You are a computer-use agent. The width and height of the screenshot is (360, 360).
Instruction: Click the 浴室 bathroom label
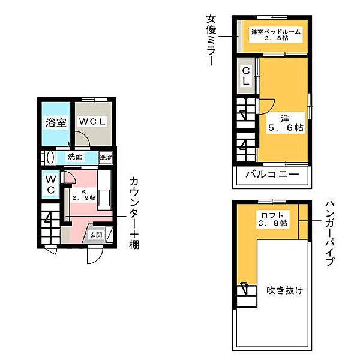55,123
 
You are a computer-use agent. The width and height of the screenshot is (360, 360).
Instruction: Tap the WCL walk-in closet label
94,121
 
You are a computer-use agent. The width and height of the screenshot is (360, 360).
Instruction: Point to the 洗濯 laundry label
106,158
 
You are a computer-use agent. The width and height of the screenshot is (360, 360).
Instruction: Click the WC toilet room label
51,185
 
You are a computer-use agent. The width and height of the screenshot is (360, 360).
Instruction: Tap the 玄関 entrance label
97,235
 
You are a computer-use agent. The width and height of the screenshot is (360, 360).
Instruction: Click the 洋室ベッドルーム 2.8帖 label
275,35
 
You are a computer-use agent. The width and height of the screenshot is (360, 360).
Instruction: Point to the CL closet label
245,76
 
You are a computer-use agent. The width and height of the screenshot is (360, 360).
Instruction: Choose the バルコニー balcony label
272,175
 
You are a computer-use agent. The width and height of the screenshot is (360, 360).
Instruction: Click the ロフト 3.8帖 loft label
273,218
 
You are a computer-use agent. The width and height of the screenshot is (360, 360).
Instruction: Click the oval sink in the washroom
50,158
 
